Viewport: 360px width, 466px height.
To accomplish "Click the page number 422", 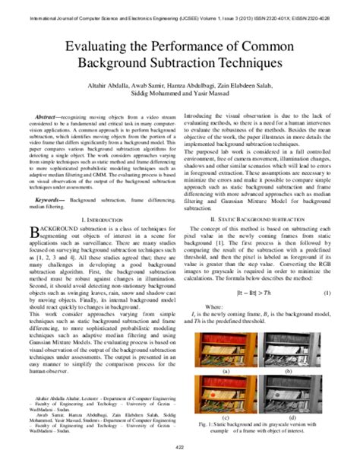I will click(180, 456).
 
